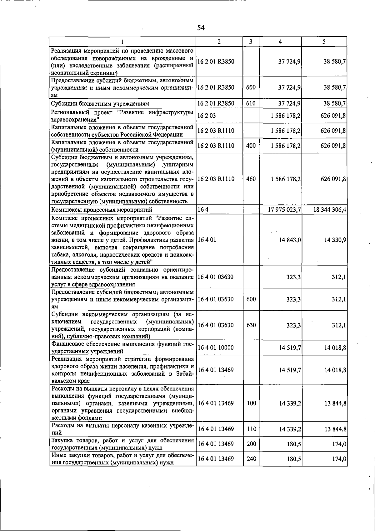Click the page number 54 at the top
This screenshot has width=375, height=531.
pos(201,28)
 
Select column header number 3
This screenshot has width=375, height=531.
pos(251,42)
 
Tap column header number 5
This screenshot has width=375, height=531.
pos(324,42)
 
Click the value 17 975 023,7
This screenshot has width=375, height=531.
pos(284,209)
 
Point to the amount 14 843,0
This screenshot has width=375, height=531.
pos(290,240)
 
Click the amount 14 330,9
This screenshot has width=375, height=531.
pos(335,240)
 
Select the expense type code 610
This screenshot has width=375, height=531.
pos(251,103)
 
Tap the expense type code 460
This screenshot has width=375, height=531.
pos(251,179)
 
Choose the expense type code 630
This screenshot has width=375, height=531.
pos(251,325)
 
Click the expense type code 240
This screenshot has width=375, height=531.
pos(251,459)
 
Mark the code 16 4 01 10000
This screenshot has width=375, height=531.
pos(216,348)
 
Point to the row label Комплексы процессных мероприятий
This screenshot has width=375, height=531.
pos(102,209)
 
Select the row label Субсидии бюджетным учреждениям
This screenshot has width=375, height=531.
pos(100,103)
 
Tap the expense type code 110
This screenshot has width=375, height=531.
pos(251,429)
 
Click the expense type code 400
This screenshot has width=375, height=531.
pos(251,146)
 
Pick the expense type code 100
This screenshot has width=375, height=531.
pos(251,403)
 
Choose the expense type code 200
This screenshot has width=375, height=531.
pos(251,444)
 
